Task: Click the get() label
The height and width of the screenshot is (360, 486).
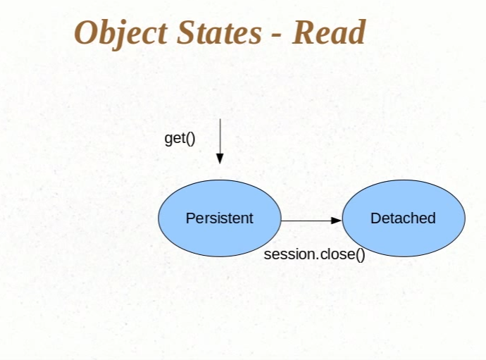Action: pos(180,138)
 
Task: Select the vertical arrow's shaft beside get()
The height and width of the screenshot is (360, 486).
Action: pos(220,137)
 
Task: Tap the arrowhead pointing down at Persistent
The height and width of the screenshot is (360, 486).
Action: pos(220,159)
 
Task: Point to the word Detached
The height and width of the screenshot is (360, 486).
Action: pos(403,218)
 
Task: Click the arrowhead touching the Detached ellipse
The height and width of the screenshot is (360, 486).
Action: pos(336,221)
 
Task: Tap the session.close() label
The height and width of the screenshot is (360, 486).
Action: pos(314,254)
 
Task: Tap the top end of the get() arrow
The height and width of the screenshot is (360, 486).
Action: pos(220,120)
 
